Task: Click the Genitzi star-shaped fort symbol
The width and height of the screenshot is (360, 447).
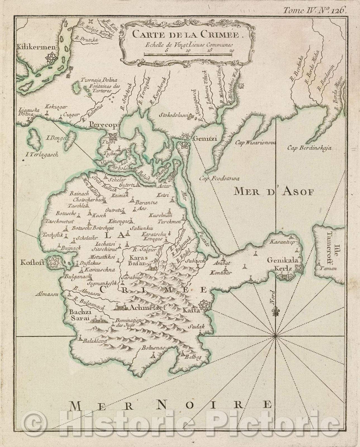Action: [184, 145]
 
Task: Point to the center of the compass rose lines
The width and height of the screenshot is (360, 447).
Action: [275, 336]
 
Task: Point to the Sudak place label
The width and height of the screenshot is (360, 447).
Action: [196, 327]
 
